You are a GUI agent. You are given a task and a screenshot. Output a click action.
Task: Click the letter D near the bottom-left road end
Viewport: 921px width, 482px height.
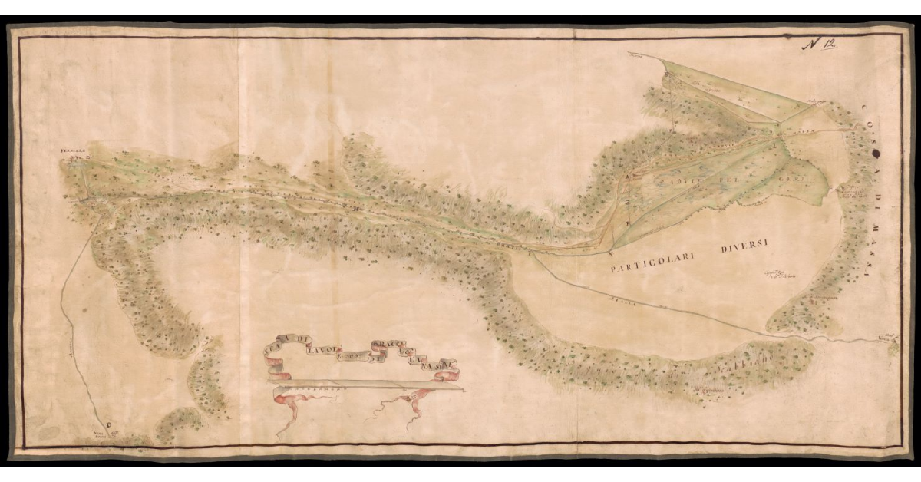tap(108, 423)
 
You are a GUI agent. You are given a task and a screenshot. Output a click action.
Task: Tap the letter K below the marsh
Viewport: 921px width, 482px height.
tap(611, 253)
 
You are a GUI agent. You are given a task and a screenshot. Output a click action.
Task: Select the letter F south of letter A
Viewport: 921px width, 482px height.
tap(628, 223)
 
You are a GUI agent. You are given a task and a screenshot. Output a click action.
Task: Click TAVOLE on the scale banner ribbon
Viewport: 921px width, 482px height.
tap(320, 352)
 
